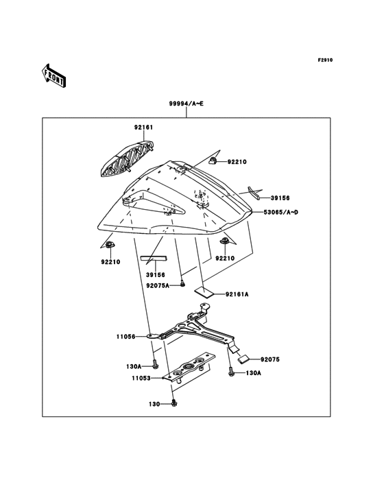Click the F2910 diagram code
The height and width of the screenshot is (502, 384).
point(324,60)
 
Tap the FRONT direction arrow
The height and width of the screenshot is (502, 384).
point(54,75)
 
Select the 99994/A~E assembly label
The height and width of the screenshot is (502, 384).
point(187,104)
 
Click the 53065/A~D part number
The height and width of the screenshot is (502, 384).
point(280,213)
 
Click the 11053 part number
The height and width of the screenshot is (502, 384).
point(142,377)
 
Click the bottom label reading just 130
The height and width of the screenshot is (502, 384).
point(155,404)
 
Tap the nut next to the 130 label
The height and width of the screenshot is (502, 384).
point(175,403)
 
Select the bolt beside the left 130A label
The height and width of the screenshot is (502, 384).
point(156,364)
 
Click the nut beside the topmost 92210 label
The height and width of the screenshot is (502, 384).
point(213,163)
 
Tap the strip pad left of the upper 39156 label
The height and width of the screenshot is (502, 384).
point(253,193)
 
